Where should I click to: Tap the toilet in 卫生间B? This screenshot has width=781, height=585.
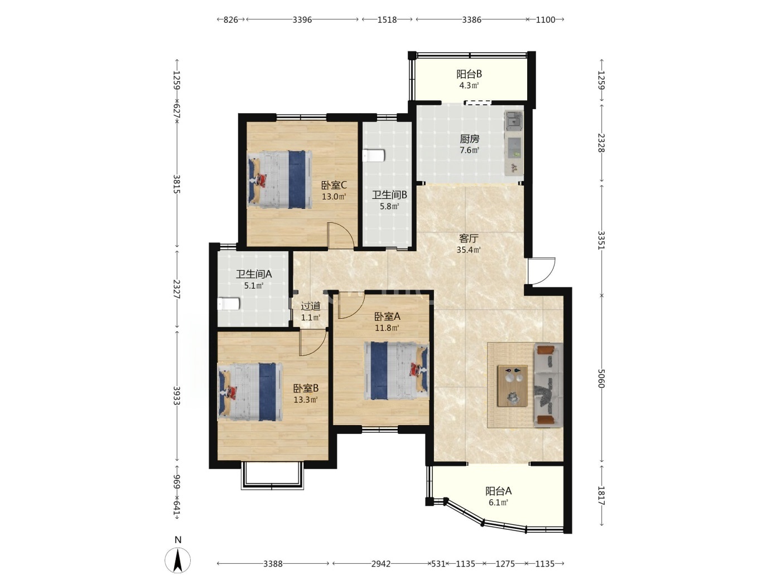point(374,155)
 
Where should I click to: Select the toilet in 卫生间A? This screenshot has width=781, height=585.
point(229,304)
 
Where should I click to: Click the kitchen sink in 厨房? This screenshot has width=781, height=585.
point(513,119)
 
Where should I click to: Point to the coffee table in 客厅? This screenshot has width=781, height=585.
point(512,386)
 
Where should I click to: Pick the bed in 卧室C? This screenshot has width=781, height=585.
point(279,179)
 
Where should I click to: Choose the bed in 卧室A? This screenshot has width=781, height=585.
point(397,371)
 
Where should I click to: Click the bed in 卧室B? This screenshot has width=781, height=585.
point(250,392)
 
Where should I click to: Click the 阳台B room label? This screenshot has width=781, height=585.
point(469,74)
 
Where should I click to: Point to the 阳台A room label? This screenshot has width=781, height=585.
point(498,491)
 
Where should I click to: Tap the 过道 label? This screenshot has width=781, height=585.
point(311,306)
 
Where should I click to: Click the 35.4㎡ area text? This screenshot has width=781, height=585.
point(469,250)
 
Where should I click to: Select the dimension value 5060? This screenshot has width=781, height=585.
point(601,378)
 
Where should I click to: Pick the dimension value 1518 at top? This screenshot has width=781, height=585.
point(387,19)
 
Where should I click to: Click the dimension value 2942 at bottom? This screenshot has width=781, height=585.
point(381,563)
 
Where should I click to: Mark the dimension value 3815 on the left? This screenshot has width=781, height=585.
point(177,184)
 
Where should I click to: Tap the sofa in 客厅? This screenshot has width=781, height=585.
point(548,386)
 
